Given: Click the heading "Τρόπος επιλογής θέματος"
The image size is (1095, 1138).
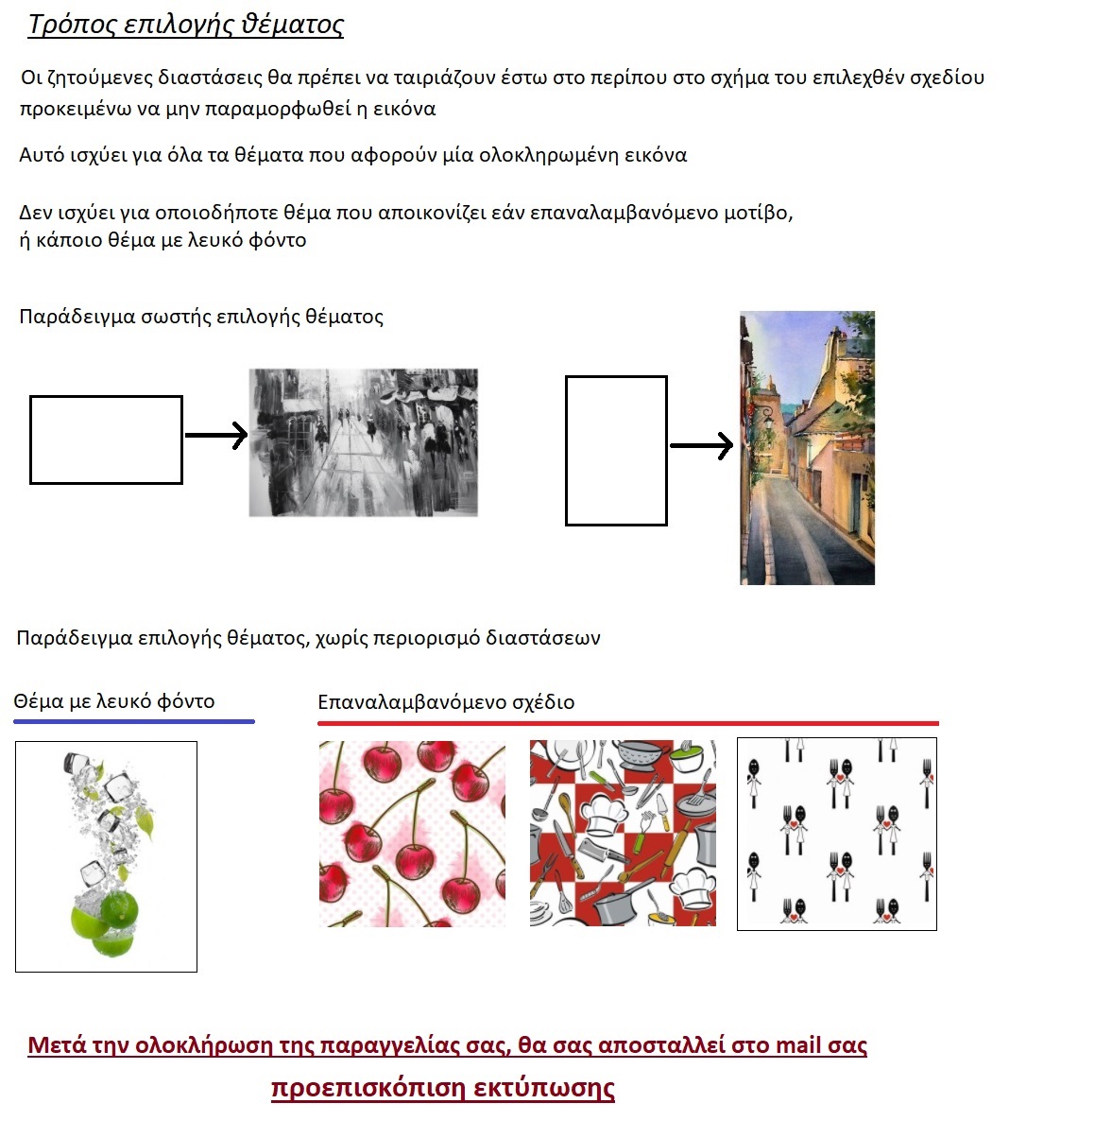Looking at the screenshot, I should tap(186, 25).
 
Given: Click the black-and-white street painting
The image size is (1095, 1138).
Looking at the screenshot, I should tap(363, 442).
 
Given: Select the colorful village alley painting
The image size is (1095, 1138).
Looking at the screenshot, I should tap(807, 447).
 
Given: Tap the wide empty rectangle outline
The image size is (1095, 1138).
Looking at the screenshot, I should tap(106, 440).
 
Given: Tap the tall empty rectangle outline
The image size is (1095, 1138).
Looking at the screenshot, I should tap(616, 450).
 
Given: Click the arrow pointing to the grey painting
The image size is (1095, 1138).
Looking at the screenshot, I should tap(216, 435).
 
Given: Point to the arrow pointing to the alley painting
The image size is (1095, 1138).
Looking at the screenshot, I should tap(701, 445).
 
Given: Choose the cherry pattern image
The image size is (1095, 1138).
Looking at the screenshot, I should tap(412, 833).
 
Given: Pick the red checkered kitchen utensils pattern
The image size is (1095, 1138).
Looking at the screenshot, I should tap(623, 833).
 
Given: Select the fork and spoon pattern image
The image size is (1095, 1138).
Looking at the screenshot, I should tap(836, 834).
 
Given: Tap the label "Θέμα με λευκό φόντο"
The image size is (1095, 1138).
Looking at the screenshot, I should tap(114, 701).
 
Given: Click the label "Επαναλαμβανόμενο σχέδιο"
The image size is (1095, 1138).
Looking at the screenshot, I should tap(446, 702).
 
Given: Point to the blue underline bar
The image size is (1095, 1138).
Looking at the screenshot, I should tap(133, 722).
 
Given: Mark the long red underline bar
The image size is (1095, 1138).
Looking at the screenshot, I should tap(627, 723).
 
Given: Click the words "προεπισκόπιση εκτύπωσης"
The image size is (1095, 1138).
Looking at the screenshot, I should tap(442, 1088).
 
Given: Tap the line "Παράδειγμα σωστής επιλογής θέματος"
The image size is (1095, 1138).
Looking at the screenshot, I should tap(201, 317).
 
